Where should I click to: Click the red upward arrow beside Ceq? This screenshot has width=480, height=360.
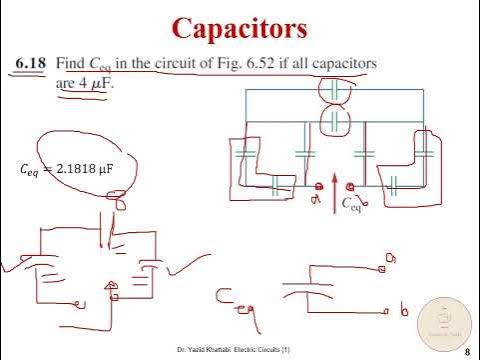(336, 191)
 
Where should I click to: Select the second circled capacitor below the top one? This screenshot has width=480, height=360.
(333, 122)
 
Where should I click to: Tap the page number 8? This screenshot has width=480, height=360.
(467, 351)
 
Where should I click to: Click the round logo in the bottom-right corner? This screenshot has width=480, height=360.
(443, 321)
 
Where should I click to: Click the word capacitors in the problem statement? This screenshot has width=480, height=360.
(340, 64)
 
